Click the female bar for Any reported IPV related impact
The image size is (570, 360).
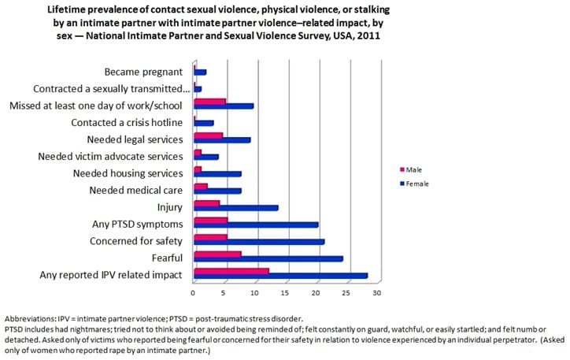click(x=280, y=276)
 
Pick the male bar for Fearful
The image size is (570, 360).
click(x=217, y=254)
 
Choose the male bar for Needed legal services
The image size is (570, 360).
click(x=208, y=135)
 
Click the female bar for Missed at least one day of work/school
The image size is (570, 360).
click(x=224, y=106)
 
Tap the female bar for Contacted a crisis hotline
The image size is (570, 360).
click(x=203, y=123)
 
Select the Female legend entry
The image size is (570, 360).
click(x=417, y=184)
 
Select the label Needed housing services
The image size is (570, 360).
click(x=128, y=173)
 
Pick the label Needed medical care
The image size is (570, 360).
click(x=135, y=191)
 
